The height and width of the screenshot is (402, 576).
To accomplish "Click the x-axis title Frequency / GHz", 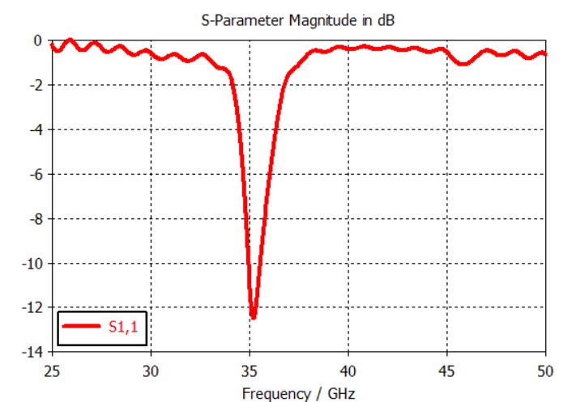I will click(x=298, y=393).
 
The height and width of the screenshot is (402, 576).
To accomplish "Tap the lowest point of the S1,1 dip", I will click(x=253, y=318).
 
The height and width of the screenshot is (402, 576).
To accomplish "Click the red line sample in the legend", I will click(x=81, y=327).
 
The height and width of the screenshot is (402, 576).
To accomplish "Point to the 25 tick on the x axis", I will click(x=52, y=370).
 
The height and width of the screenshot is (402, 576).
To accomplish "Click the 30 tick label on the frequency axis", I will click(x=151, y=370).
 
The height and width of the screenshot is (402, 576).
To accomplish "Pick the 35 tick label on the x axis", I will click(x=250, y=370).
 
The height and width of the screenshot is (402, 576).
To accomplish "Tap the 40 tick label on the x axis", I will click(x=348, y=370).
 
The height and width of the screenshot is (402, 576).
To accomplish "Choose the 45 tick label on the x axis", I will click(x=447, y=370).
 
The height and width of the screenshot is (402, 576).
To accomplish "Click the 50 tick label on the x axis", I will click(x=545, y=370).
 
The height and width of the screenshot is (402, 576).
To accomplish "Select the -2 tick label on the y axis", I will click(x=36, y=85).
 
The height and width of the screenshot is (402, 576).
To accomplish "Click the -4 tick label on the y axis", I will click(x=36, y=129).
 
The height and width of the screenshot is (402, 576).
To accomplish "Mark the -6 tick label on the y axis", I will click(x=36, y=174).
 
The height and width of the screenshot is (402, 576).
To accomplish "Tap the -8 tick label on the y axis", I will click(x=36, y=218).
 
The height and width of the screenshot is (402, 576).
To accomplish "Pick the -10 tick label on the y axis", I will click(x=33, y=263).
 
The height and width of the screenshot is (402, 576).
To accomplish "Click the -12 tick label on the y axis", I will click(x=33, y=307).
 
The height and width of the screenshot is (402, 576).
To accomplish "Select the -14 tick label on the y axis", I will click(x=33, y=352).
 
